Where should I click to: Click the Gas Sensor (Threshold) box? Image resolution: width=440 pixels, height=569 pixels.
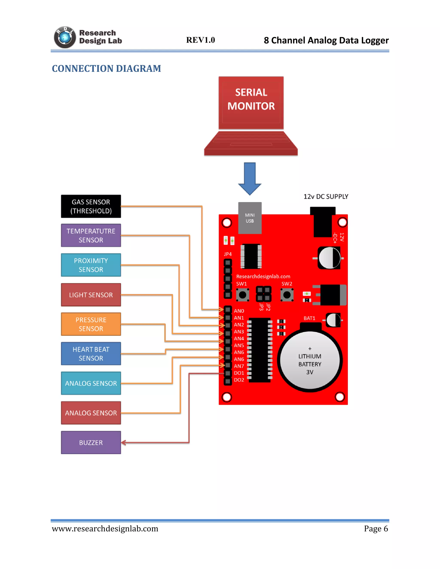coord(91,206)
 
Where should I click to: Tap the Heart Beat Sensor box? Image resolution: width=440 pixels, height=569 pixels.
coord(91,354)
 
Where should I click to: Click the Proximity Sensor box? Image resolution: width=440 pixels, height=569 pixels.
coord(91,265)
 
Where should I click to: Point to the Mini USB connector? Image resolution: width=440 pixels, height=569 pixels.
coord(250,218)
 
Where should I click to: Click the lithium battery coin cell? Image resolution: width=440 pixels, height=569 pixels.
coord(310,361)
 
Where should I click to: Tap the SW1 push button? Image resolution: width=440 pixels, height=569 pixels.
coord(242,295)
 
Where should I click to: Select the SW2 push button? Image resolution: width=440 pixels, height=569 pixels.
coord(287,295)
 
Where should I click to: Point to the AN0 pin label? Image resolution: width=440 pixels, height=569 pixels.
coord(239,311)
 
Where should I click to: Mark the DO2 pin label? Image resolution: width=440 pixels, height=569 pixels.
coord(239,380)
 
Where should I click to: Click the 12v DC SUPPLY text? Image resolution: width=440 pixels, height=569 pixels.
coord(326,197)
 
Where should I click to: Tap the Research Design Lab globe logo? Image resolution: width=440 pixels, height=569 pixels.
coord(65,38)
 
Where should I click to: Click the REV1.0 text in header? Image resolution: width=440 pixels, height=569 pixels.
coord(200,40)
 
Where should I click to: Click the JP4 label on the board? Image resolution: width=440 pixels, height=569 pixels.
coord(228,254)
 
